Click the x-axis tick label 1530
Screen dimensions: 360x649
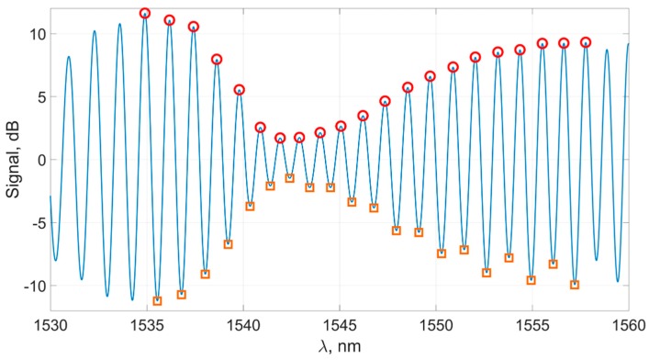point(50,326)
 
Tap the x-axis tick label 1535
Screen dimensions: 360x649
point(147,326)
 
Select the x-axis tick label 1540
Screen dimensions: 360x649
point(243,326)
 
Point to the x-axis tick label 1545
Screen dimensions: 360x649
point(340,326)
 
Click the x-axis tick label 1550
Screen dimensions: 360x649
point(436,326)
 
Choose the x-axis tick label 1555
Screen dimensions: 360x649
point(532,326)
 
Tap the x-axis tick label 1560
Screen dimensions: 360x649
point(628,326)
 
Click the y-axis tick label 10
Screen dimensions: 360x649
point(35,34)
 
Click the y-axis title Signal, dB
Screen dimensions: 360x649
point(11,160)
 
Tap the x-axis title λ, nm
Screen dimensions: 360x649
point(340,347)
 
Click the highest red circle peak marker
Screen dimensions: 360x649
point(145,14)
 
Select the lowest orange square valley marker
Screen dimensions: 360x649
point(157,300)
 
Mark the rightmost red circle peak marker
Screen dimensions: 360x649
point(586,42)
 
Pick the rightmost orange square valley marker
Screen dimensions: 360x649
point(575,285)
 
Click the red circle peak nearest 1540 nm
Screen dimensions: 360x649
point(239,90)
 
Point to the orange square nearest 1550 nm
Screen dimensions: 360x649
point(442,253)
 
